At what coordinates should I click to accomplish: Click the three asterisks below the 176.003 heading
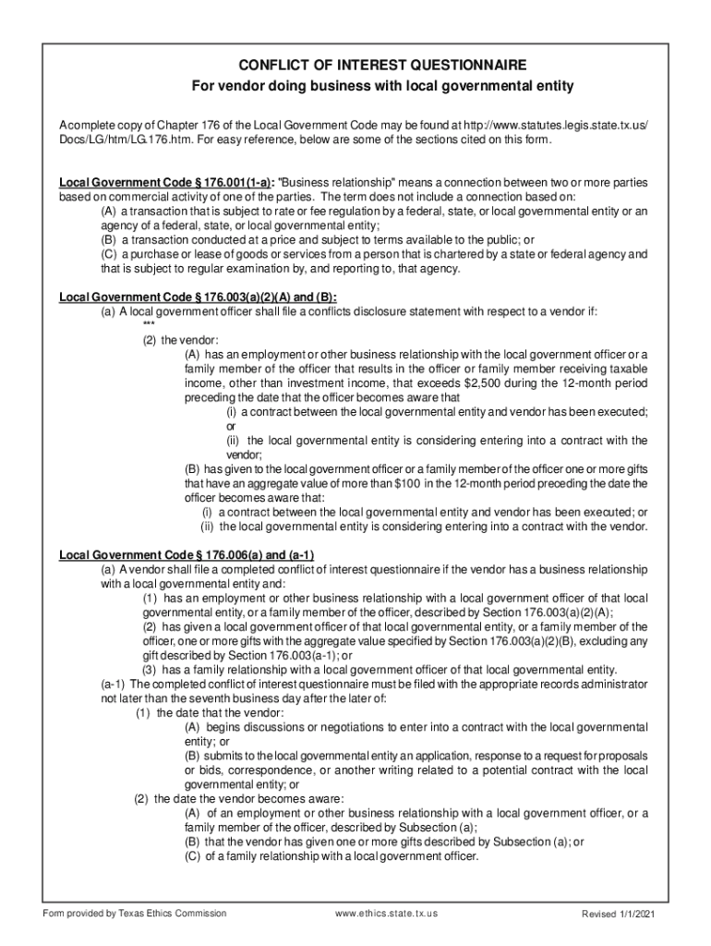(x=149, y=325)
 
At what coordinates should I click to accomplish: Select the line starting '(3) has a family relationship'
(x=379, y=670)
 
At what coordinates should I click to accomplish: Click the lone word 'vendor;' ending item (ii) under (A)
(x=245, y=455)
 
